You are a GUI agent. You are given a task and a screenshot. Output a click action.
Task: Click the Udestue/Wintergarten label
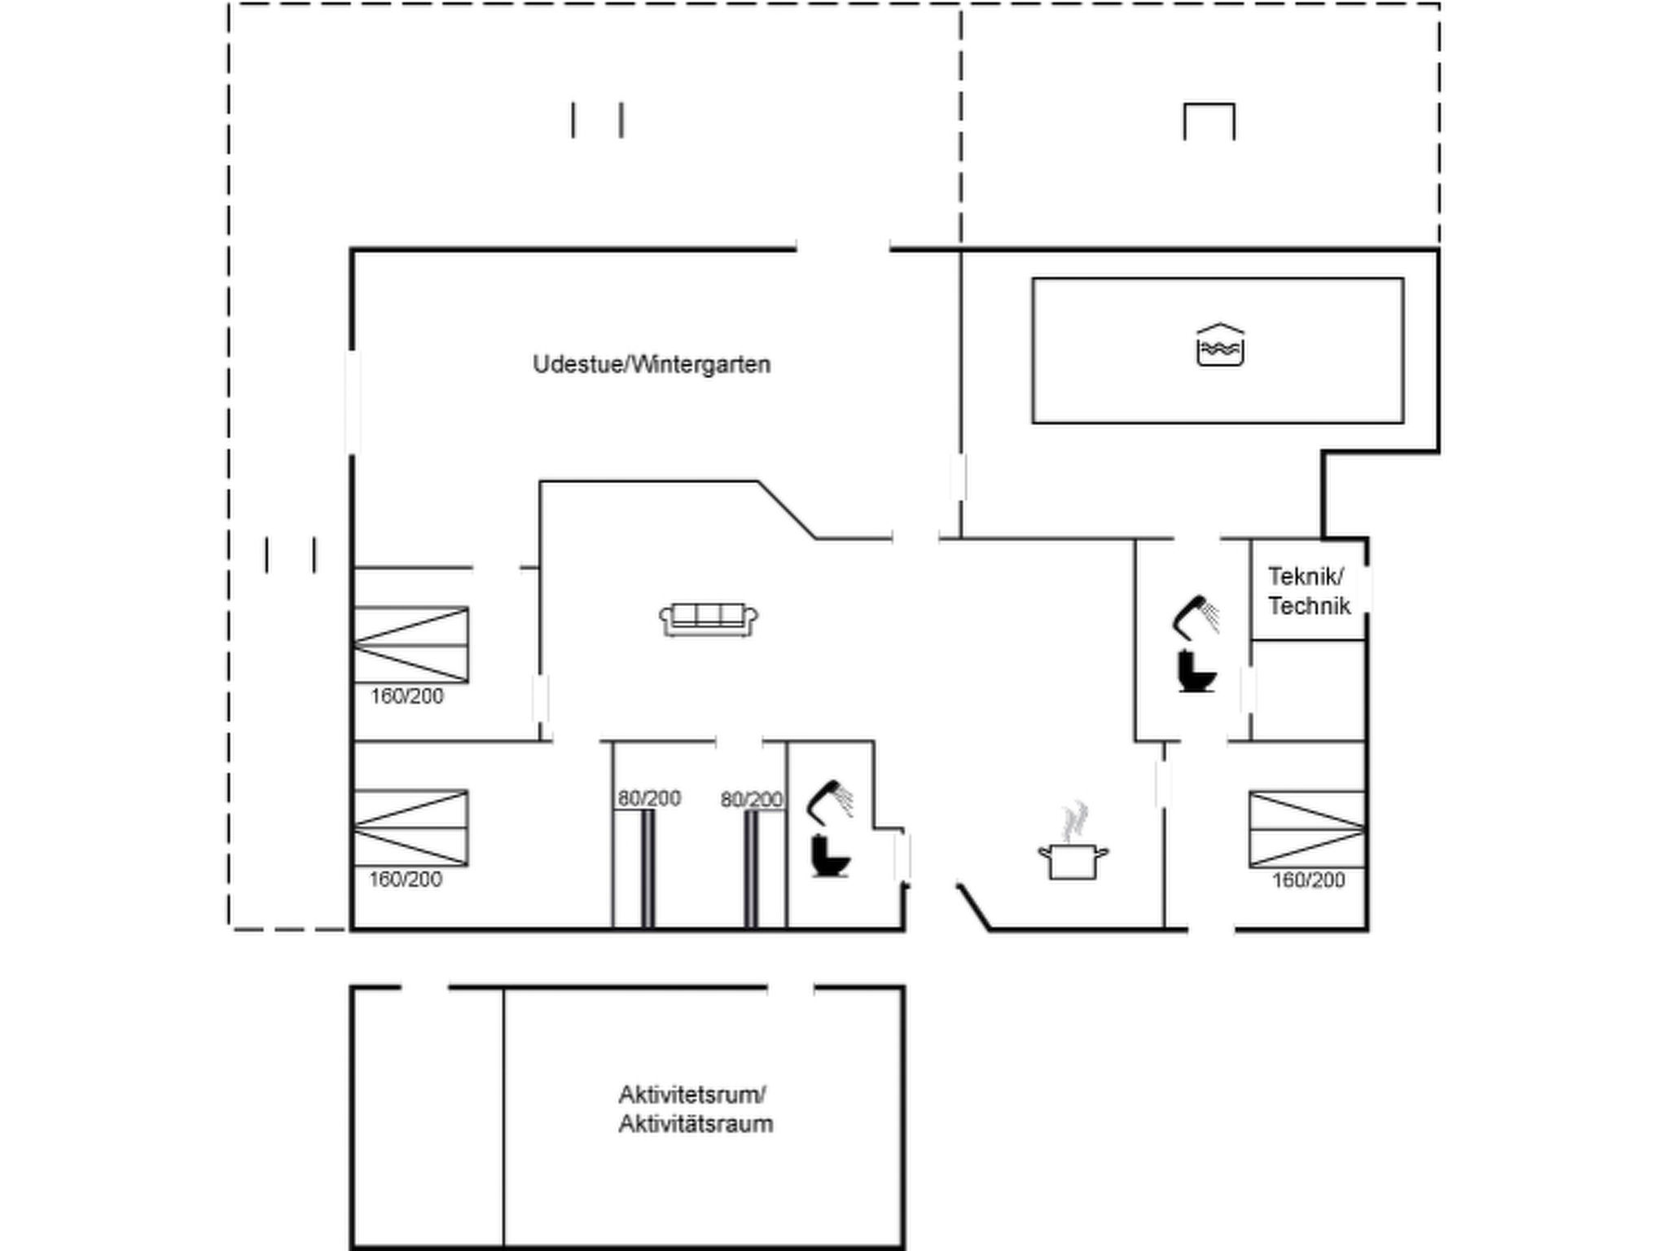coord(652,364)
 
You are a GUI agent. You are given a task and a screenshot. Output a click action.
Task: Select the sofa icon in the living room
coord(709,619)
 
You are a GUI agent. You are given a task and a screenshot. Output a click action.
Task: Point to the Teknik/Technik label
coord(1309,591)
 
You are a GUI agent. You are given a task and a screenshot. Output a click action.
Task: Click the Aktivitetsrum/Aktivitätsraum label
coord(696,1109)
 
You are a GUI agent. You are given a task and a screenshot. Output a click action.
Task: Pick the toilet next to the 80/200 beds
coord(830,856)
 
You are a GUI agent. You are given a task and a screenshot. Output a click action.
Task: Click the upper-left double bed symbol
coord(410,644)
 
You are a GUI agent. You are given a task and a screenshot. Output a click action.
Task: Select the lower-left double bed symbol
coord(410,827)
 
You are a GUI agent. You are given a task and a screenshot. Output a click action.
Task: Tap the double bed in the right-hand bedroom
coord(1307,829)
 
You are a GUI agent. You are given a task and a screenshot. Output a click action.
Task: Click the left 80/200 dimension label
coord(649,798)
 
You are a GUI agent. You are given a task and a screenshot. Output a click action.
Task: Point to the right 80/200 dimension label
coord(752,800)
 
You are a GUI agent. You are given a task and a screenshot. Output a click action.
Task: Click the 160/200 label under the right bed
coord(1309,880)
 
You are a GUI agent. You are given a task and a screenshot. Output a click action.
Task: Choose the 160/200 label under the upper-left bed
coord(407,696)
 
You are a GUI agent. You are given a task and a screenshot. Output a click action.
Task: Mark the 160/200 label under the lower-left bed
coord(406,880)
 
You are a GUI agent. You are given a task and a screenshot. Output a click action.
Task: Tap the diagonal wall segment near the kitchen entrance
coord(974,906)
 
